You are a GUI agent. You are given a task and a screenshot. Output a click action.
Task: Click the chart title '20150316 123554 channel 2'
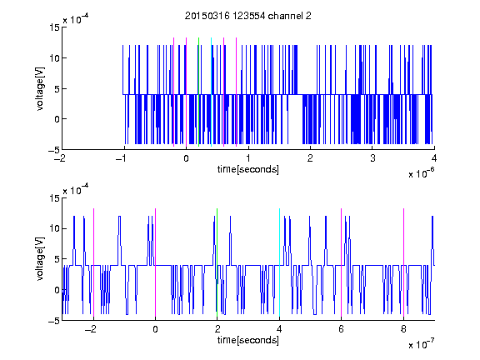248,16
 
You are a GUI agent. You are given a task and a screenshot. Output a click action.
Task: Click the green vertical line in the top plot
199,92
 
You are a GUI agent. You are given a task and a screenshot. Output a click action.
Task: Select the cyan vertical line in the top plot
211,92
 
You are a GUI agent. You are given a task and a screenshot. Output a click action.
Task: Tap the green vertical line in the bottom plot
217,262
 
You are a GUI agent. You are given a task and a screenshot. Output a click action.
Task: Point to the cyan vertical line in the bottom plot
279,262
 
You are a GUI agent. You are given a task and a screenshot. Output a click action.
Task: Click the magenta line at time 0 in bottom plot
156,262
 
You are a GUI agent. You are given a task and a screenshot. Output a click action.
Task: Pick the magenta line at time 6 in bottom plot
342,262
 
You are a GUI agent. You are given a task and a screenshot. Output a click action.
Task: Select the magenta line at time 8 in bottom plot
404,262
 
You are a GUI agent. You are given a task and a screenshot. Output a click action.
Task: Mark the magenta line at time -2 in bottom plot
93,262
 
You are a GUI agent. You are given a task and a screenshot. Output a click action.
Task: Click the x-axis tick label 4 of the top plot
434,158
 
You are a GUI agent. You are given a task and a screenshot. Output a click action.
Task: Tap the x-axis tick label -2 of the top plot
61,158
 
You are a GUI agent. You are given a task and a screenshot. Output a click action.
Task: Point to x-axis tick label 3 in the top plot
372,158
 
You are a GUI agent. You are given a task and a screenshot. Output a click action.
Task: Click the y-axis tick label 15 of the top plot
54,27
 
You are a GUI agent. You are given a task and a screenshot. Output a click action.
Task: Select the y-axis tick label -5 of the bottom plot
54,321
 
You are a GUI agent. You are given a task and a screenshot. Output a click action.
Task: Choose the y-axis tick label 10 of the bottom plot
54,228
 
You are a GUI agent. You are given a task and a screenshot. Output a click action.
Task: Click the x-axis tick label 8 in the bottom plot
403,329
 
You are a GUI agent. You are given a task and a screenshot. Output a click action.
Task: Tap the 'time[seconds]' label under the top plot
248,169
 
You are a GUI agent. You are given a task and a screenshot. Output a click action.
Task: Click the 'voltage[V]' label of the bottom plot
40,259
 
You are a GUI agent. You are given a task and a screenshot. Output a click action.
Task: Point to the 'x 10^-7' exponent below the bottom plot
421,343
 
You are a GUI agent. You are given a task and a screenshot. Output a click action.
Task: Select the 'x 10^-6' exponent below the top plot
421,172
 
